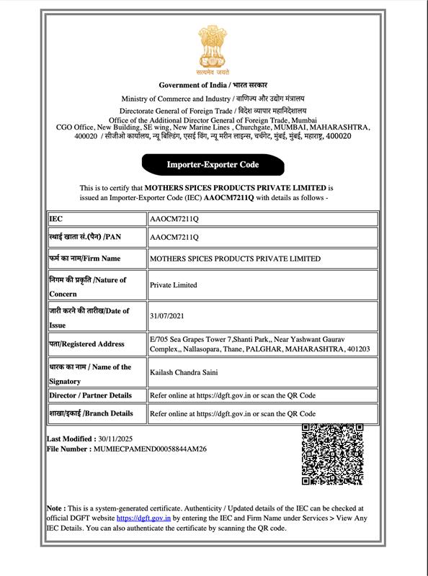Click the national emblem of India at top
coord(213,50)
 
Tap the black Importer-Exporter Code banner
coord(213,165)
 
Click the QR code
coord(332,454)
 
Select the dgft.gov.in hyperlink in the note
coord(143,518)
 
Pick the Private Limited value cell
coord(173,285)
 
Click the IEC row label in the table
coord(56,217)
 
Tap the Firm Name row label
coord(85,258)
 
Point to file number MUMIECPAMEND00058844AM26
coord(150,449)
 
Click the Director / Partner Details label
coord(91,395)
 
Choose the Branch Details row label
coord(91,413)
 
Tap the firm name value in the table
coord(235,258)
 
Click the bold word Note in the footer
coord(55,508)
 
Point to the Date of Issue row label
coord(89,317)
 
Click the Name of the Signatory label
coord(90,373)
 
